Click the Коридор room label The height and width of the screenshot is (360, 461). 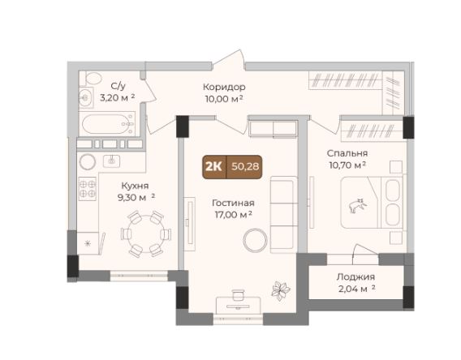tap(224, 87)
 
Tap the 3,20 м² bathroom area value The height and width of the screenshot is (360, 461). tap(118, 97)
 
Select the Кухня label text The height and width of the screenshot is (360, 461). tap(135, 186)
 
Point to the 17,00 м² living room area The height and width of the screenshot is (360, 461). tap(233, 215)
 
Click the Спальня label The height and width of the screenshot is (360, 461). tap(347, 153)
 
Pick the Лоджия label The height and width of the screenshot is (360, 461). tap(355, 276)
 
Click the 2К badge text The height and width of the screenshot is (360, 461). tap(213, 167)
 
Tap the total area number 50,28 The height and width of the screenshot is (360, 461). tap(245, 167)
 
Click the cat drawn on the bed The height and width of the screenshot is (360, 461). tap(357, 205)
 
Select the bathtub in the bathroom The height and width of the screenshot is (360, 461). tap(107, 124)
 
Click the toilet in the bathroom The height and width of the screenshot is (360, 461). tap(91, 79)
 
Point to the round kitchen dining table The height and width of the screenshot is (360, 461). tap(146, 234)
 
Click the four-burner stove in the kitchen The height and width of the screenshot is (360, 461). tap(88, 189)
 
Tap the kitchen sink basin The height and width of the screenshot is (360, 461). tap(111, 161)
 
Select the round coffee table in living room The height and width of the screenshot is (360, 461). tap(256, 240)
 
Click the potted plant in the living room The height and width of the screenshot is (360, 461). tap(281, 290)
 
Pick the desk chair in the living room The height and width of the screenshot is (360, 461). tap(238, 295)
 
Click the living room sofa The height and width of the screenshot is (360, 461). tap(284, 214)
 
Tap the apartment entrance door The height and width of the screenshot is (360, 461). tap(228, 60)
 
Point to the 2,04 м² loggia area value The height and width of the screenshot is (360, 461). tap(357, 289)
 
